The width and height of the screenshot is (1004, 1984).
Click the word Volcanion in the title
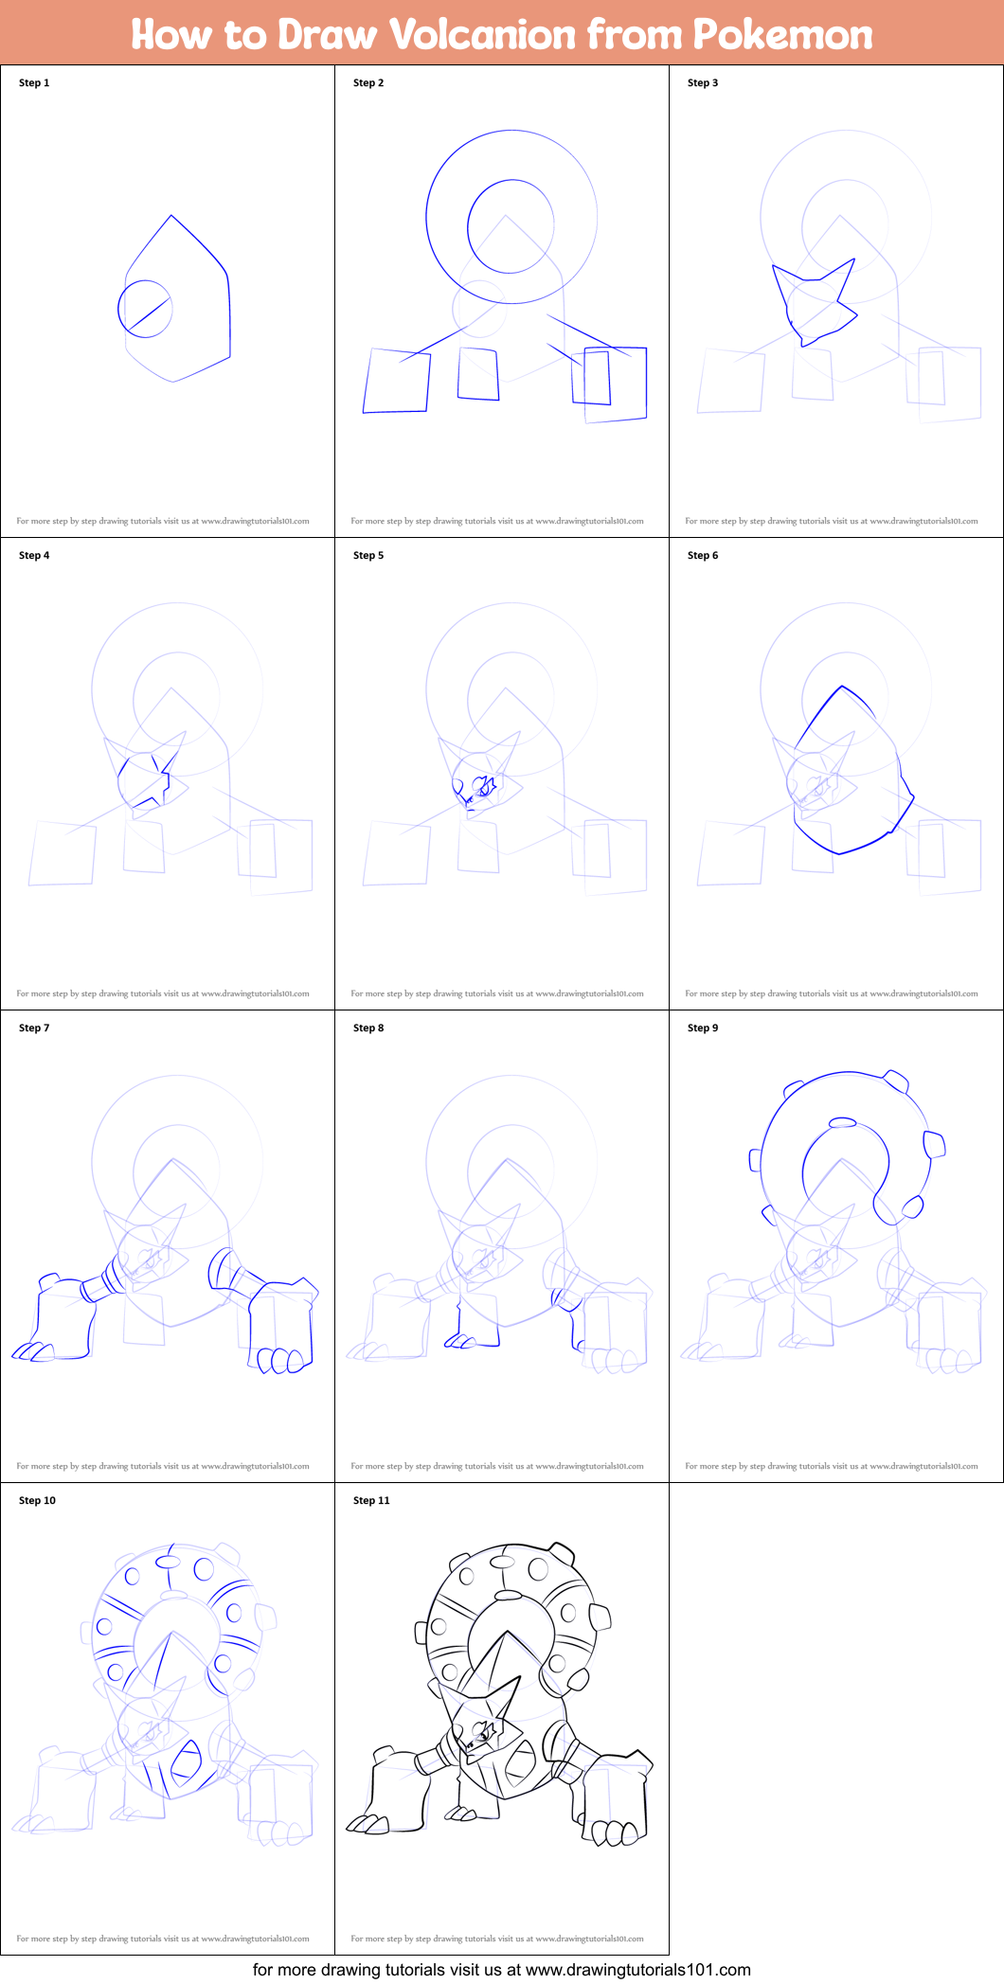483,34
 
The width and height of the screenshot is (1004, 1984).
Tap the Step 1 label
34,82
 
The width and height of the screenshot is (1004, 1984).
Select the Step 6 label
702,555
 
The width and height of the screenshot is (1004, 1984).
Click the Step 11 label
371,1500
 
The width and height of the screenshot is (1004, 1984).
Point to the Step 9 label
702,1028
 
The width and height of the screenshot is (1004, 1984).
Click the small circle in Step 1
145,308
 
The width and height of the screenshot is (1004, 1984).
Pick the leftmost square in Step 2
396,381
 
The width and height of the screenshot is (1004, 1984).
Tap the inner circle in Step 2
511,227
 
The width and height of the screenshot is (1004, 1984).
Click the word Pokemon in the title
782,34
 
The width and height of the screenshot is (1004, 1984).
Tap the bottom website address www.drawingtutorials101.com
637,1970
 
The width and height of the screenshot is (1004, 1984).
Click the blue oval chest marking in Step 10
186,1763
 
